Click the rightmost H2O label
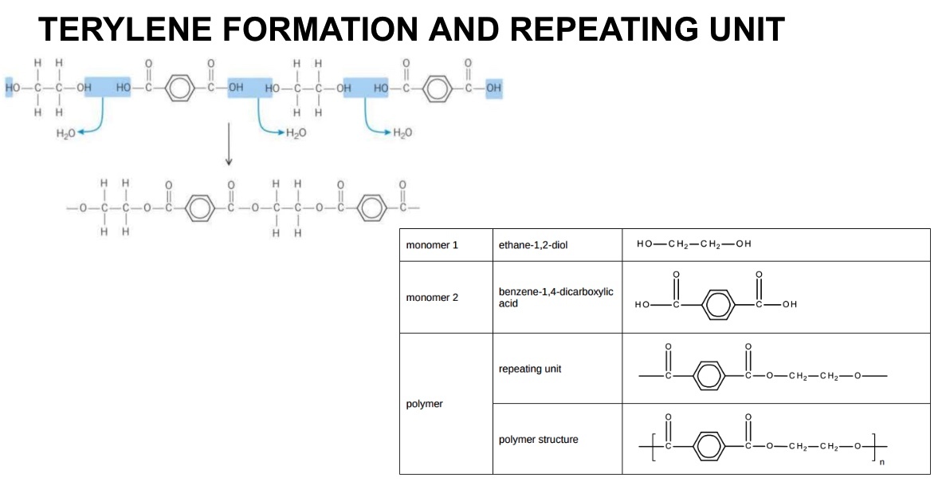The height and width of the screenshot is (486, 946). click(x=403, y=132)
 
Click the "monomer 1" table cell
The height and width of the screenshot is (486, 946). click(x=432, y=245)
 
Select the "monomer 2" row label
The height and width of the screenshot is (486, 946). click(x=432, y=298)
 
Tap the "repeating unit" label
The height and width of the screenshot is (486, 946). click(x=530, y=369)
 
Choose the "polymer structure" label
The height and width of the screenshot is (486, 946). click(x=538, y=440)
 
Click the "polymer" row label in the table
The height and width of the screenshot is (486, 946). click(x=424, y=404)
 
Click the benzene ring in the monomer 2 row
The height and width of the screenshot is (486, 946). click(x=718, y=304)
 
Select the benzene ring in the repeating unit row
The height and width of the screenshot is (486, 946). click(x=709, y=375)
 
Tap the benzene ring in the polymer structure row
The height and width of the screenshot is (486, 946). click(x=709, y=445)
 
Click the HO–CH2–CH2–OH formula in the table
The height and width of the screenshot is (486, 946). click(x=693, y=244)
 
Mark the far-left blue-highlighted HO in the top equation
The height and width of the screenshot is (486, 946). click(x=13, y=87)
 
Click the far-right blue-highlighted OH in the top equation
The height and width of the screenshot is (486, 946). click(x=493, y=87)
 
